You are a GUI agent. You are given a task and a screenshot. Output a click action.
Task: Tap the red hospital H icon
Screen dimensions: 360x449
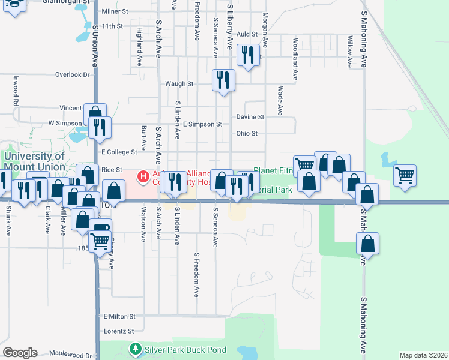tap(143, 176)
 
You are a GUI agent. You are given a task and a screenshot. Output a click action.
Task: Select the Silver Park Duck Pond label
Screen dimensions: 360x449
tap(185, 349)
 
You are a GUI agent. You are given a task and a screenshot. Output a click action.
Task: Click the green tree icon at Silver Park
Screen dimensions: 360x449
tap(136, 349)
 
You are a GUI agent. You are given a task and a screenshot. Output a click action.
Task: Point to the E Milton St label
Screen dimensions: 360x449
tap(119, 316)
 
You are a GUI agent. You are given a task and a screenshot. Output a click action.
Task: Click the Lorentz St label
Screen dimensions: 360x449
tap(118, 331)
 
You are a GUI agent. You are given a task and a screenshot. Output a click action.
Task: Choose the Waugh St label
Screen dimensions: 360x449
tap(179, 84)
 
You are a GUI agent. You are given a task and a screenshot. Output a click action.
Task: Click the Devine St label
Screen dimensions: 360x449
tap(250, 116)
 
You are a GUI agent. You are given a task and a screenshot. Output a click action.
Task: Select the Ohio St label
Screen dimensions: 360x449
tap(247, 133)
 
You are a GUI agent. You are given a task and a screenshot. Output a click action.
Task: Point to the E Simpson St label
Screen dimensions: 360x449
tap(202, 124)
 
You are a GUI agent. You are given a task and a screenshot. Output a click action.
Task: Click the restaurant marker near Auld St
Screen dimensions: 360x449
tap(248, 56)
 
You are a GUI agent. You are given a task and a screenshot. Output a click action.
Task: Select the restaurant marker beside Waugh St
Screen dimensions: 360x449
tap(223, 80)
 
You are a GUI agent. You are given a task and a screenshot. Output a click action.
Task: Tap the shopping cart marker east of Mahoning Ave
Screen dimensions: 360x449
tap(405, 176)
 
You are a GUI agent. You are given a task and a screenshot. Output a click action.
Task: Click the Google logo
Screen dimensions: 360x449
tap(20, 353)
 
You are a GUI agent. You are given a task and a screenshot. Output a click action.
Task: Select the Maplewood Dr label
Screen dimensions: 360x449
tap(71, 355)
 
